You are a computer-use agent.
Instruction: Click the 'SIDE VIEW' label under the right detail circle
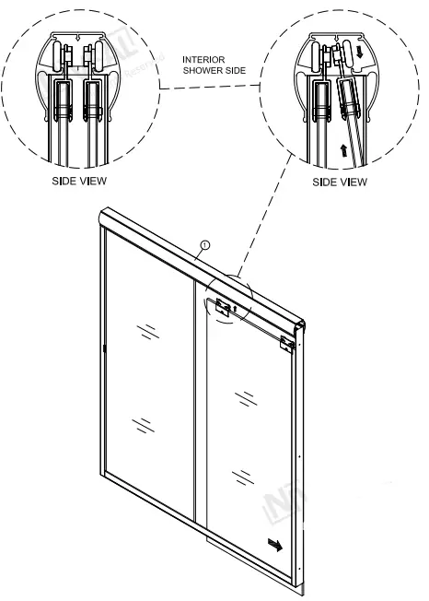[x=339, y=182]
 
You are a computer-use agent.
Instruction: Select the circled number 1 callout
[x=205, y=245]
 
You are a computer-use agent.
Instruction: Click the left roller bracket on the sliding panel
[x=222, y=307]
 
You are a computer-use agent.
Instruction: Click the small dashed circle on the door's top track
[x=226, y=299]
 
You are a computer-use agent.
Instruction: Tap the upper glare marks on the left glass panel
[x=145, y=330]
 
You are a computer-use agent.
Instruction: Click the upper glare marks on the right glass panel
[x=246, y=398]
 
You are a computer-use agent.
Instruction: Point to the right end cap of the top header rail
[x=298, y=330]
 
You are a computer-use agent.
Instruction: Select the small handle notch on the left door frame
[x=105, y=348]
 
